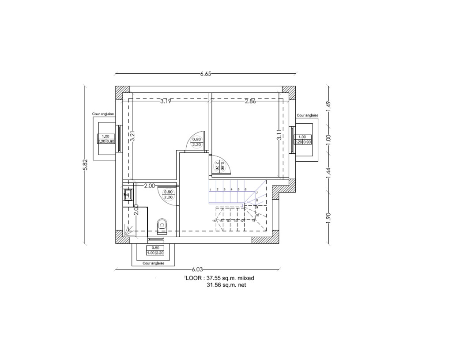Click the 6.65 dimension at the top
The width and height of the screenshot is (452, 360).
click(205, 74)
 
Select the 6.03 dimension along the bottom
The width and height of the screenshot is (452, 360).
click(197, 269)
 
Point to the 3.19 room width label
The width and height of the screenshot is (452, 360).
click(166, 101)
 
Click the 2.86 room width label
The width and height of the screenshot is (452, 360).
click(251, 101)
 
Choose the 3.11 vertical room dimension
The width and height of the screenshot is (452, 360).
click(279, 135)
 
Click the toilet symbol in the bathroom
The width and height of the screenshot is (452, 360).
click(162, 225)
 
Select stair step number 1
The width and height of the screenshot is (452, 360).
click(211, 189)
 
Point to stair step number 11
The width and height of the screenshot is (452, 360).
click(253, 220)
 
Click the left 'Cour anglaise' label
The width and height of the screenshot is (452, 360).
click(103, 114)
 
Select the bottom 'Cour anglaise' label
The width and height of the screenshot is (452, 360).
click(154, 263)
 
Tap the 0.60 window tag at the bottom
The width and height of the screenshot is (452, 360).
click(155, 248)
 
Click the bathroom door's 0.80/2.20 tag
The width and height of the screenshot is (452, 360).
click(168, 195)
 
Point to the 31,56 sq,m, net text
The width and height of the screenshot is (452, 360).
click(226, 285)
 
